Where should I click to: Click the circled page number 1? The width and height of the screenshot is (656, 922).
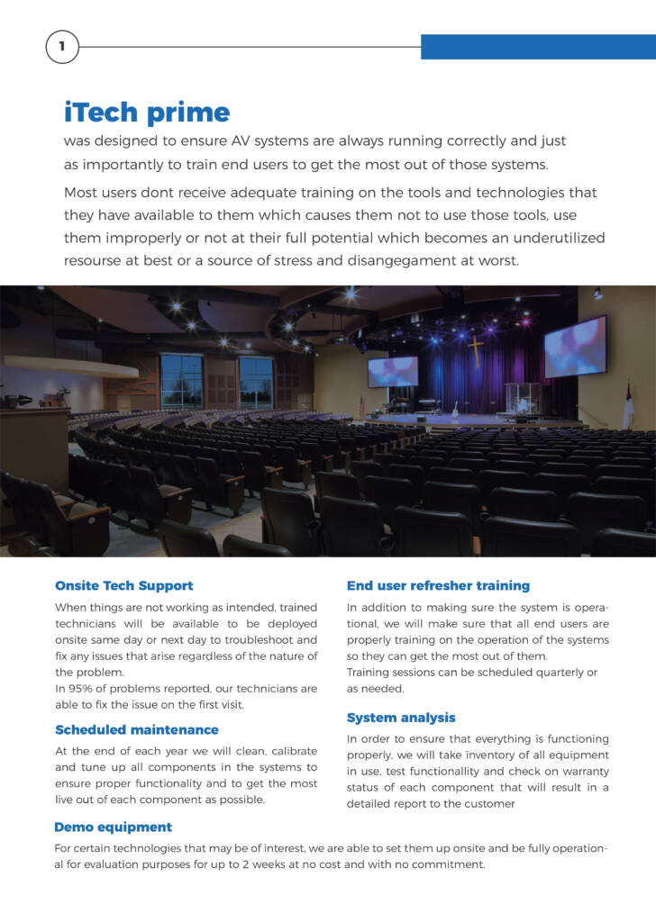coord(61,47)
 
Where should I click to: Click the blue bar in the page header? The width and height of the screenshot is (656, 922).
coord(538,47)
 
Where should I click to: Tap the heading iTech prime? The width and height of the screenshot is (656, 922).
coord(147,113)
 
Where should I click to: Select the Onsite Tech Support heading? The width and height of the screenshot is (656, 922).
coord(123,585)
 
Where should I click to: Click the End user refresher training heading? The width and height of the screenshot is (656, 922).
coord(438,585)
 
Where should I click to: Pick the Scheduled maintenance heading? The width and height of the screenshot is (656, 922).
coord(136,729)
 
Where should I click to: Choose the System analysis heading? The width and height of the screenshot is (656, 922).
coord(401,718)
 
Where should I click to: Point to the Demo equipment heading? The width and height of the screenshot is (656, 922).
coord(113,827)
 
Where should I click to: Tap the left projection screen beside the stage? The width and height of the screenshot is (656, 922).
coord(393,371)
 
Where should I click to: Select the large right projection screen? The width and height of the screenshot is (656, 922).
coord(575,347)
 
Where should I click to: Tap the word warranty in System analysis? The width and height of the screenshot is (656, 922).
coord(583,772)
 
